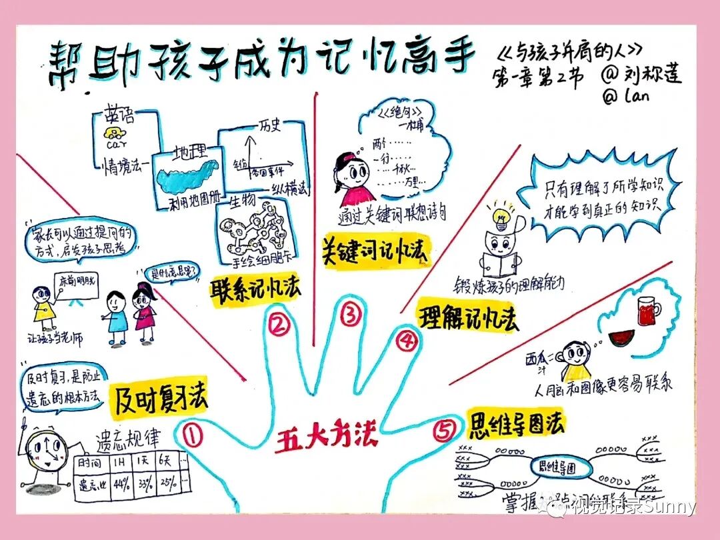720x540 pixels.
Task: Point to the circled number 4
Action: pyautogui.click(x=406, y=341)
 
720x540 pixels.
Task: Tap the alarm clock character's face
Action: pyautogui.click(x=43, y=453)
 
